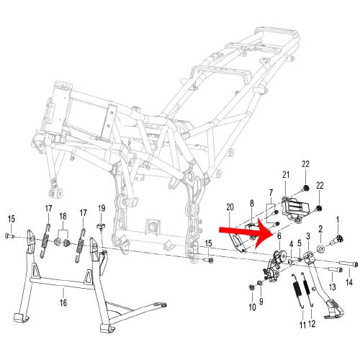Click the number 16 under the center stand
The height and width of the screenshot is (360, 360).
click(x=63, y=302)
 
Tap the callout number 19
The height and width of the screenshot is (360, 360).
click(x=102, y=208)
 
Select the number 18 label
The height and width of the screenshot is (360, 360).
click(x=63, y=216)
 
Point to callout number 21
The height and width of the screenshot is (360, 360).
click(x=286, y=175)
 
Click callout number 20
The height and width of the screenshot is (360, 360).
click(x=230, y=207)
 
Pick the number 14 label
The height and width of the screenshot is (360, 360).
click(x=349, y=282)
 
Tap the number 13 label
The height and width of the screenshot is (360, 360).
click(x=333, y=287)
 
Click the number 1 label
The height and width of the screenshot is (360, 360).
click(x=338, y=220)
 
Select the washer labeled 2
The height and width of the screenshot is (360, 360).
click(x=320, y=249)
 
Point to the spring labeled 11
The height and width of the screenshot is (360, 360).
click(x=298, y=291)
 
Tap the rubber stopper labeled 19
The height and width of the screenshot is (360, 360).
click(x=102, y=226)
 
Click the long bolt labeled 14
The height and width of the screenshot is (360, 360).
click(x=348, y=264)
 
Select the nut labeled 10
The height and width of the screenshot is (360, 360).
click(x=252, y=287)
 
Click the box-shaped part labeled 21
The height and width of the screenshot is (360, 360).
click(x=294, y=208)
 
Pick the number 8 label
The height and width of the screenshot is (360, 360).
click(x=251, y=204)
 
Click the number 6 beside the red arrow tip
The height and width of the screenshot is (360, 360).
click(x=279, y=236)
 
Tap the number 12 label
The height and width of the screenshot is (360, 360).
click(x=312, y=324)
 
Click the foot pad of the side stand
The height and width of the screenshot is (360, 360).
click(x=334, y=312)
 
